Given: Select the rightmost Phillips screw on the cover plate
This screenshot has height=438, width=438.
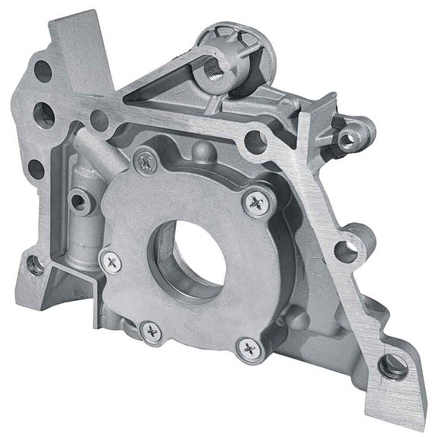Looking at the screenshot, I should tap(255, 201).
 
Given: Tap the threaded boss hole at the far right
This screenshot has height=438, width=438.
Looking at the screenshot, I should tap(350, 138).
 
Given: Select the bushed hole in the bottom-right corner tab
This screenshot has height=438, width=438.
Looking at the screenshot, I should tap(393, 367).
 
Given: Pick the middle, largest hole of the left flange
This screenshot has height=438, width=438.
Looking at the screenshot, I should tap(45, 117).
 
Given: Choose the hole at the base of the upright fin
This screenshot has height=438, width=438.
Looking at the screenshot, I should tap(98, 118).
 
